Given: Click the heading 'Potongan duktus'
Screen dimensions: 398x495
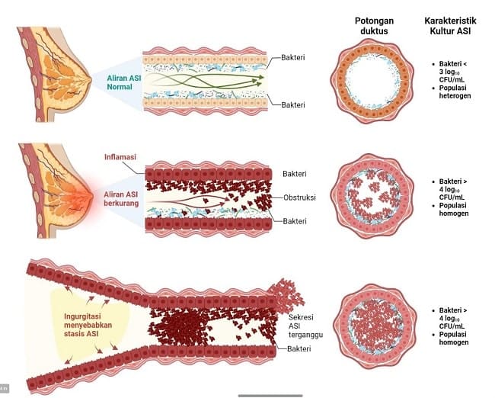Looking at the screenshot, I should tap(373, 24).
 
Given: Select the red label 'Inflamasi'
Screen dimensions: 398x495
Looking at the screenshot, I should tap(120, 157).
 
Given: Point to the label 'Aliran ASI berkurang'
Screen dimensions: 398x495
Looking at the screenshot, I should tap(120, 201).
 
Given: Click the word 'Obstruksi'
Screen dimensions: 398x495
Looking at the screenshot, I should tap(299, 197).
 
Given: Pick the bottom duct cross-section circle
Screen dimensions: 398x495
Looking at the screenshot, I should tap(373, 326).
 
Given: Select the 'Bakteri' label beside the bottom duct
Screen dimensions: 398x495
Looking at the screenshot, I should tap(302, 349).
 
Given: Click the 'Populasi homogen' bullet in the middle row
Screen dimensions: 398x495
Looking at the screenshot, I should tap(457, 209).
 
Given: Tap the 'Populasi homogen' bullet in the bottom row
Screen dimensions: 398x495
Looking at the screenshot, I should tap(457, 338).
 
